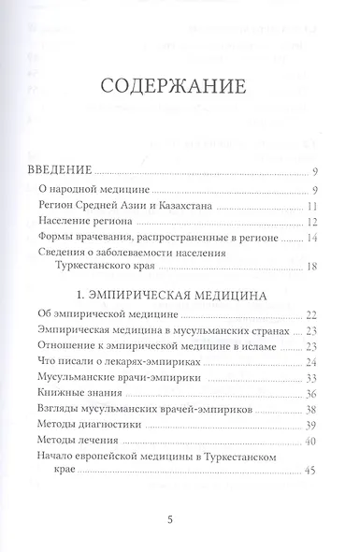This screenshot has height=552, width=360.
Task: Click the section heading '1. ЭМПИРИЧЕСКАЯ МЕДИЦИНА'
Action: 182,295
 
